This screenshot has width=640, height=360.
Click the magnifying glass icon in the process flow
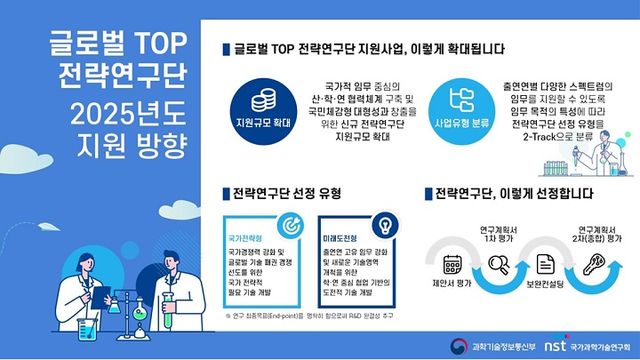pyautogui.click(x=497, y=266)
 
